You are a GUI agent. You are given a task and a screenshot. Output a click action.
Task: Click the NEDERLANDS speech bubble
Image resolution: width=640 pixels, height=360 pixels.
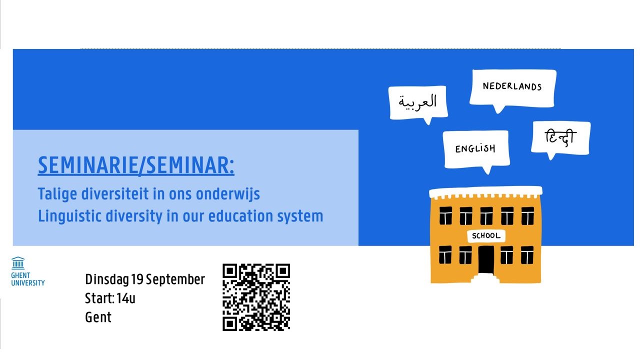tap(512, 88)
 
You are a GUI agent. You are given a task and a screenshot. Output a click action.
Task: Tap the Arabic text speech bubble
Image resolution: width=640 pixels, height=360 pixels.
tap(418, 103)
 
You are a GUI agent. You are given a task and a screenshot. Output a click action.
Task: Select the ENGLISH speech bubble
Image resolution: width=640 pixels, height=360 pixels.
tap(476, 149)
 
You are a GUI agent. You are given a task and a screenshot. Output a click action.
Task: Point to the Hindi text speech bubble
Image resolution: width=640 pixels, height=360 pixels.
tap(561, 138)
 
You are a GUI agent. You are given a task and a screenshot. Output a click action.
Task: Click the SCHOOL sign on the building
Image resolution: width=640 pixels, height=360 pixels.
tap(486, 235)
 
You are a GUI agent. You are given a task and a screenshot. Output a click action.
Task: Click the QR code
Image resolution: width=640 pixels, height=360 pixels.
tap(256, 297)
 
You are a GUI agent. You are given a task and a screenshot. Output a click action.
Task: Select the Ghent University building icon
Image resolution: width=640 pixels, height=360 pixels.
tap(18, 263)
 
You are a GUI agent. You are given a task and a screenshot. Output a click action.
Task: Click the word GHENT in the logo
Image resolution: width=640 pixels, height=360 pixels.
tap(20, 275)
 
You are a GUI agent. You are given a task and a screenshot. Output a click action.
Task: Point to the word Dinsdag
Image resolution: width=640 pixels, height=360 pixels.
tap(107, 279)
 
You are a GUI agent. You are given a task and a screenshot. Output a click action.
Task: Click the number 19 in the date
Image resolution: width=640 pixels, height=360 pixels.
tap(137, 279)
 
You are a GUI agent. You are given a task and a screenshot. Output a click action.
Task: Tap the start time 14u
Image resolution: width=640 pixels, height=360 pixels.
tap(125, 298)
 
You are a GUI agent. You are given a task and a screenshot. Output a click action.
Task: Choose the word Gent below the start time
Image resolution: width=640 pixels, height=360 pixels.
tap(98, 317)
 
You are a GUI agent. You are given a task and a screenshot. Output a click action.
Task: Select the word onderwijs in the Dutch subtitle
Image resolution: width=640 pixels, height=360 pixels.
tap(227, 194)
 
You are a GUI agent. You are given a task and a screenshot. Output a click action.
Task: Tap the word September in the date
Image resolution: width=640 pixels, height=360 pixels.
tap(175, 279)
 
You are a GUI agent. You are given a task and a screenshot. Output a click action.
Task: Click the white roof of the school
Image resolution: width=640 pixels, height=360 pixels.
tap(485, 192)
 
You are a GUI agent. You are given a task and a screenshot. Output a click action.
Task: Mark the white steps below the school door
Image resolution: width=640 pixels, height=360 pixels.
tap(485, 278)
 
